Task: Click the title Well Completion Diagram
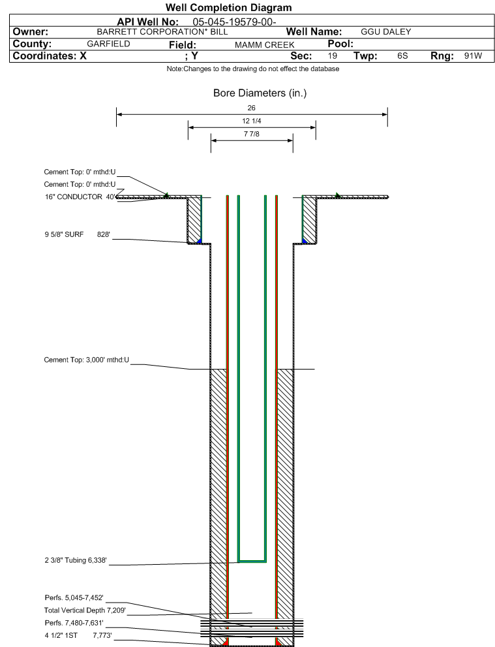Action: click(x=228, y=7)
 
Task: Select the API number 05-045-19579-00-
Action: click(x=235, y=22)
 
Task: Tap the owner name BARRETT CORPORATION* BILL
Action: click(x=162, y=32)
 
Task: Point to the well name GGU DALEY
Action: click(x=386, y=32)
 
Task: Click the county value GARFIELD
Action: click(x=108, y=44)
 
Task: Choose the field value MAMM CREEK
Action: click(x=265, y=44)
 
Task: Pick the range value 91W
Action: click(x=473, y=55)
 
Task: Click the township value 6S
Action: click(x=402, y=55)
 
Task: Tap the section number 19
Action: click(x=332, y=55)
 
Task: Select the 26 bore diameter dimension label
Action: click(x=252, y=108)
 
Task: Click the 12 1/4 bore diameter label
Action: click(x=252, y=121)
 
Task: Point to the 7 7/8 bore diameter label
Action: click(x=252, y=134)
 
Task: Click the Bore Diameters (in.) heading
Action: click(x=260, y=93)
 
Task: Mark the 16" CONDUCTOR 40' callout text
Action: click(x=80, y=197)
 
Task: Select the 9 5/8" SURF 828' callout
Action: click(x=78, y=234)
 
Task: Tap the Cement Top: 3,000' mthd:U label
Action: click(x=87, y=360)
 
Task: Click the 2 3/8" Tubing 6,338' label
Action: click(x=76, y=560)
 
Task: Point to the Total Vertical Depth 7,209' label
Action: click(x=85, y=610)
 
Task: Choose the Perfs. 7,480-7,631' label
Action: click(x=74, y=623)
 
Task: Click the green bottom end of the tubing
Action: click(x=252, y=561)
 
